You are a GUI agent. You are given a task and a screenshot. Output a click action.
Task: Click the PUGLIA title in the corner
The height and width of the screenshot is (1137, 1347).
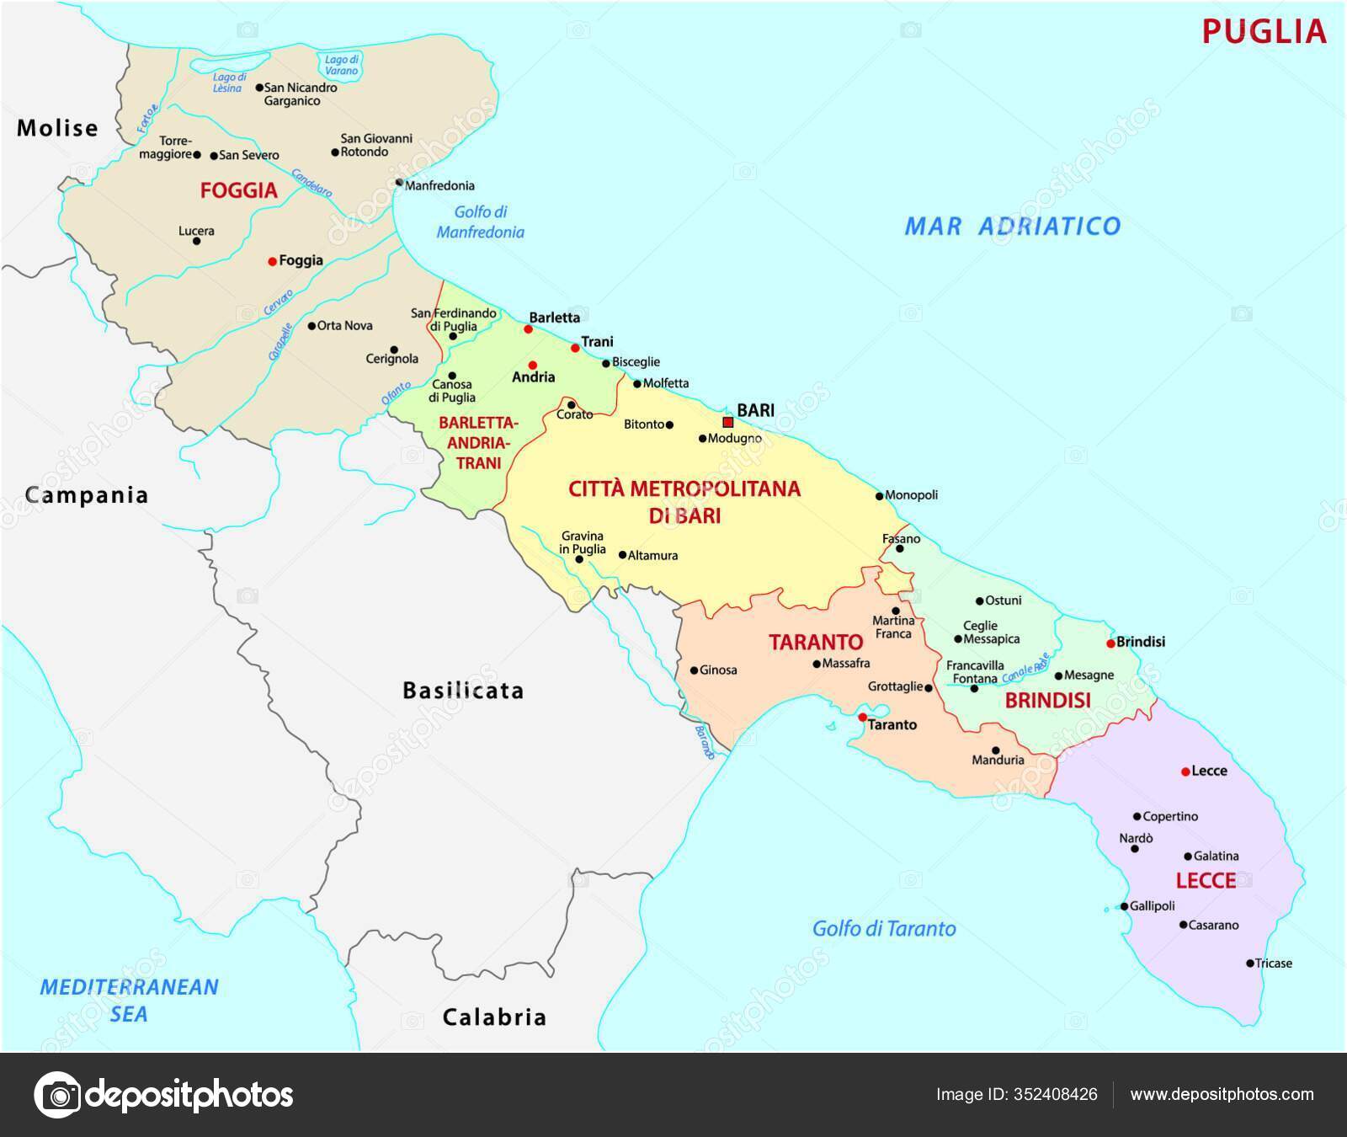point(1264,32)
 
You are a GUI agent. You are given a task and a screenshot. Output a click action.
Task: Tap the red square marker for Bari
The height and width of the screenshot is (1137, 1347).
point(728,423)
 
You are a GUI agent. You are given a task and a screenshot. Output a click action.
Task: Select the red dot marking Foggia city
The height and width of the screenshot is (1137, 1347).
point(272,262)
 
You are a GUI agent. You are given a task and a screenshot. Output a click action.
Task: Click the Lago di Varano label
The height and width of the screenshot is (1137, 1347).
point(342,65)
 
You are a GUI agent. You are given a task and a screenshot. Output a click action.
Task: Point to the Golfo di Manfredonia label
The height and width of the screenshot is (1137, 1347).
point(480,222)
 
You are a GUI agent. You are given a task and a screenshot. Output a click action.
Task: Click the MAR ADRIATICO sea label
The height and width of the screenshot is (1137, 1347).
point(1012,226)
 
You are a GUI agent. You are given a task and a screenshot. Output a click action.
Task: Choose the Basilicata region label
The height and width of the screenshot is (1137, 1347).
point(463,691)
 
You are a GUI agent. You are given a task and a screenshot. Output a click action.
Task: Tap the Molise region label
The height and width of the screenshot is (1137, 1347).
point(57,128)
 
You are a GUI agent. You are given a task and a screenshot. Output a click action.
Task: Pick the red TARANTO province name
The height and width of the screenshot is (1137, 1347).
point(816,643)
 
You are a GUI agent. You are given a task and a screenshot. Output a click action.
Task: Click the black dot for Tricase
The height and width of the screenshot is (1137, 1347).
point(1250,964)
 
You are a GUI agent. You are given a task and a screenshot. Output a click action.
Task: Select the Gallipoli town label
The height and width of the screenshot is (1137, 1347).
point(1153,906)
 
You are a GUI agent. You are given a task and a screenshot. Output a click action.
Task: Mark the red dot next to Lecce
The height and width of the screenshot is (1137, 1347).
point(1185,771)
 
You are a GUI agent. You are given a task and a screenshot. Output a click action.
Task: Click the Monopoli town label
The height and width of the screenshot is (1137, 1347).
point(912,495)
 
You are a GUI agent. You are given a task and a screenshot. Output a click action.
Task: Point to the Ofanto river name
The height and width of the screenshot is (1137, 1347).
point(397,392)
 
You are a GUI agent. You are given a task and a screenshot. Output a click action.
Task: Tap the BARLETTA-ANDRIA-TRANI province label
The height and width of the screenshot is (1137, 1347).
point(478,443)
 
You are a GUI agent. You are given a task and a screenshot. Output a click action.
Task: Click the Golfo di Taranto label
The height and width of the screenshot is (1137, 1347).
point(884,929)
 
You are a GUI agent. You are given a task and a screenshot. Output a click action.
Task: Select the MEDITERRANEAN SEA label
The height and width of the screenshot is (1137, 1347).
point(129,1001)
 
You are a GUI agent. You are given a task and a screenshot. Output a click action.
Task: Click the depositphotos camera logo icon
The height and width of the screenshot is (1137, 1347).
point(57,1095)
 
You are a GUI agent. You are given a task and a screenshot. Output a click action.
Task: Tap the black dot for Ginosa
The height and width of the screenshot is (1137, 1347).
point(694,671)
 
